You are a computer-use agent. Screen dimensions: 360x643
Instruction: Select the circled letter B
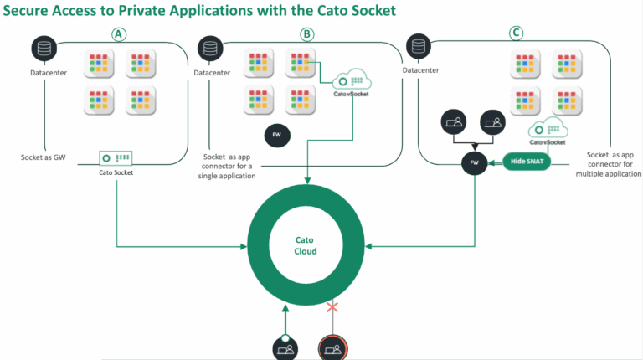[307, 34]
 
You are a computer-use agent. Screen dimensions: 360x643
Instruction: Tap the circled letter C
[517, 34]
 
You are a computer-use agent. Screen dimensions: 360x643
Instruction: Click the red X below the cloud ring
[332, 308]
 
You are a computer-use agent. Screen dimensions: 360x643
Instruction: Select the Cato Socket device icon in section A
[116, 157]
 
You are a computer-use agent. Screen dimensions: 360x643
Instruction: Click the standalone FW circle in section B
[276, 136]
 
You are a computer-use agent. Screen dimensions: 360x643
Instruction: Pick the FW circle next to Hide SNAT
[475, 162]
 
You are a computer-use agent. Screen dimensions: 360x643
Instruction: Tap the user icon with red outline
[332, 347]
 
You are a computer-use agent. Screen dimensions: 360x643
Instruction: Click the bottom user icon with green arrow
[285, 347]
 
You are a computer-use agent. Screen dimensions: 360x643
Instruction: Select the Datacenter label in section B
[212, 73]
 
